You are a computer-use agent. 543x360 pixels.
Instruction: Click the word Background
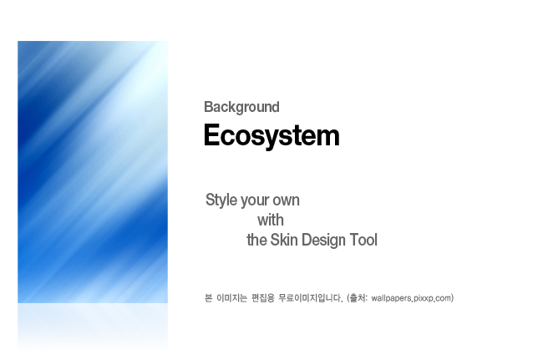pyautogui.click(x=241, y=107)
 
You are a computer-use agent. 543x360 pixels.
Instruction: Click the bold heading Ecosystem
pyautogui.click(x=271, y=135)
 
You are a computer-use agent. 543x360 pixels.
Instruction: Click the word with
pyautogui.click(x=271, y=221)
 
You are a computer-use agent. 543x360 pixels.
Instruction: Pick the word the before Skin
pyautogui.click(x=256, y=240)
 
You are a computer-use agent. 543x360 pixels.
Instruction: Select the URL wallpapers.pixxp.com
pyautogui.click(x=411, y=298)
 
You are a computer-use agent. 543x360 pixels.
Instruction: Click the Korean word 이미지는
pyautogui.click(x=231, y=298)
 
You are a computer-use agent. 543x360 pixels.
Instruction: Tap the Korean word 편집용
pyautogui.click(x=263, y=298)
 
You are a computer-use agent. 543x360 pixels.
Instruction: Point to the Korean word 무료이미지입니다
pyautogui.click(x=311, y=298)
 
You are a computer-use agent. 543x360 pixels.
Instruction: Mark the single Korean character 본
pyautogui.click(x=208, y=298)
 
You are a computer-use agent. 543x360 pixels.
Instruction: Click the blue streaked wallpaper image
pyautogui.click(x=93, y=172)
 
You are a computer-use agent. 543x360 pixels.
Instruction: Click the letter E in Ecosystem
pyautogui.click(x=212, y=134)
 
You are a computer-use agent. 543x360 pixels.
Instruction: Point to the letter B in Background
pyautogui.click(x=208, y=107)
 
